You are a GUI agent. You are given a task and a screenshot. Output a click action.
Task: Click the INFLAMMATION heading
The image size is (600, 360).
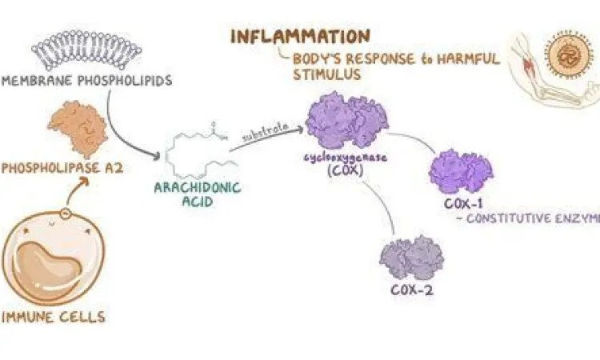tap(300, 37)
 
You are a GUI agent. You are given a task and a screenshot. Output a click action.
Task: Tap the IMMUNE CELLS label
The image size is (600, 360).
tap(54, 318)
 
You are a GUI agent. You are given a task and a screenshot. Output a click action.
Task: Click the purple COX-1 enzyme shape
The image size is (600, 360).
tap(460, 170)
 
